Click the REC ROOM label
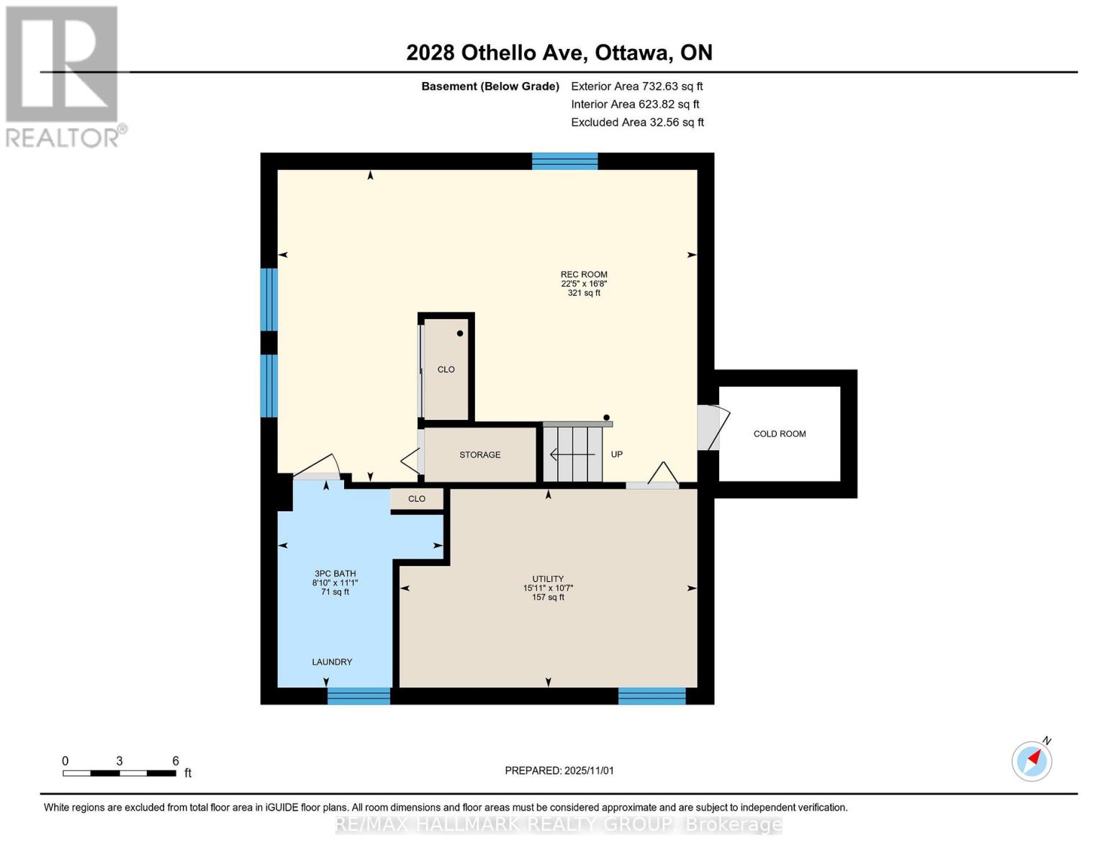pos(584,274)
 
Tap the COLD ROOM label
pos(780,433)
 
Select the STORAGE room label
pos(480,455)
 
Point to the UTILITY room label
pos(548,579)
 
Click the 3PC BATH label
pos(335,574)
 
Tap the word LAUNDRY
pos(332,662)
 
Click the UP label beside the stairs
pos(617,454)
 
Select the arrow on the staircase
pos(572,454)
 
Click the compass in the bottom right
pos(1032,760)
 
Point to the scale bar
pos(120,773)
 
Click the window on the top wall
pos(564,161)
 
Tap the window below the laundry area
pos(359,696)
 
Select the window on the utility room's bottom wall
pos(652,696)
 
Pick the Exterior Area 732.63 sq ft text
pos(636,86)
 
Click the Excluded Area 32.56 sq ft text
pos(637,122)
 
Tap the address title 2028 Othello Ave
pos(559,53)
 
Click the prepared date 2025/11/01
pos(559,770)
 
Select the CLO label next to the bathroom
pos(417,499)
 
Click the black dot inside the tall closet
pos(460,333)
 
